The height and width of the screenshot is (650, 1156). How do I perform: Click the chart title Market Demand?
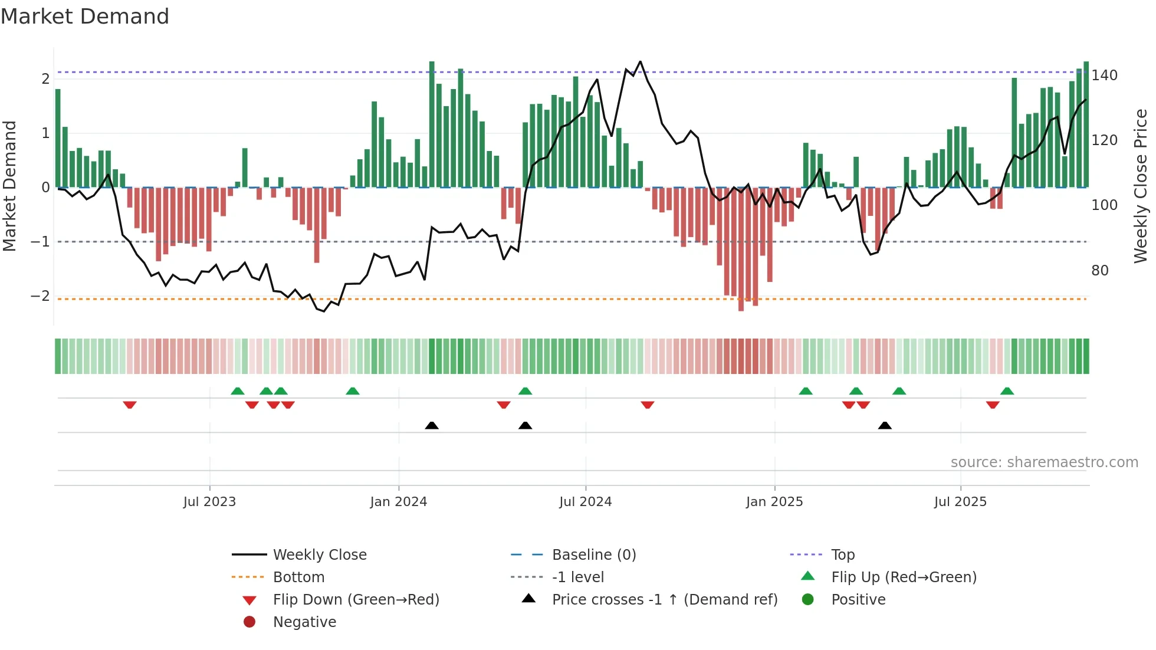(85, 17)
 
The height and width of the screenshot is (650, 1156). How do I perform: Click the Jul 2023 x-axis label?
(209, 502)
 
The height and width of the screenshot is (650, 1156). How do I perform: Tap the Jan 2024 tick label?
(398, 502)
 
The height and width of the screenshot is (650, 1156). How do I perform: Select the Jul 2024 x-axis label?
(585, 502)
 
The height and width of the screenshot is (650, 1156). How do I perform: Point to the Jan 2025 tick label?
(774, 502)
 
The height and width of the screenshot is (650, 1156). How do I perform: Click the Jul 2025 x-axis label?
(960, 502)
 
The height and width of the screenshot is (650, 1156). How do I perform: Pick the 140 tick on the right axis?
(1104, 75)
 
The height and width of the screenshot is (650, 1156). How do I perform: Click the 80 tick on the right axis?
(1099, 271)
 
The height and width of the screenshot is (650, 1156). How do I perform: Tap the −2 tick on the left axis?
(40, 296)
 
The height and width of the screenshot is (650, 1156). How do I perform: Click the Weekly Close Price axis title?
(1141, 186)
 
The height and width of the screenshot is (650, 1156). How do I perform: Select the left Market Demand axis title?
(9, 186)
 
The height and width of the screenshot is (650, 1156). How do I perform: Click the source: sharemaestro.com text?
(1044, 462)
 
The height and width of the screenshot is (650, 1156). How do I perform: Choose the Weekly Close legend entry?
(319, 555)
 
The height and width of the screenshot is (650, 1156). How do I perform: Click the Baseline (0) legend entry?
(593, 555)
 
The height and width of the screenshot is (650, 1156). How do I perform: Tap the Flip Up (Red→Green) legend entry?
(904, 577)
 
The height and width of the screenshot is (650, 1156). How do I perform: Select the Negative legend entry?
(304, 622)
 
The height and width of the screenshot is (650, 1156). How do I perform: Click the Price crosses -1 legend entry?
(664, 600)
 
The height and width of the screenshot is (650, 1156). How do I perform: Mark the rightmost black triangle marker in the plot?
(885, 425)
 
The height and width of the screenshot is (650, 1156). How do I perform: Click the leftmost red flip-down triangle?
(130, 405)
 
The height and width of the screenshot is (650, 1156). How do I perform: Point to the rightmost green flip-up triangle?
(1007, 391)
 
